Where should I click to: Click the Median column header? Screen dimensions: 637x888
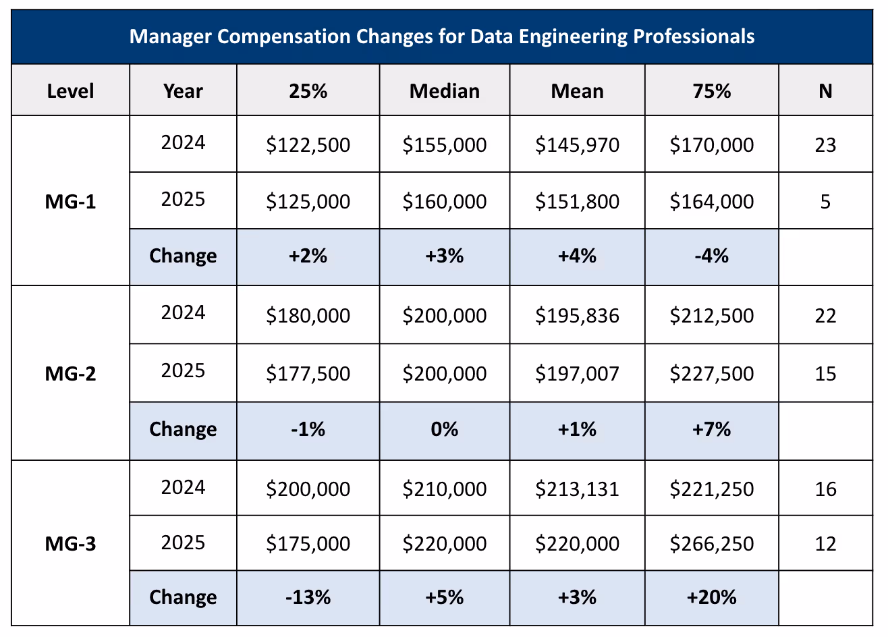tap(444, 91)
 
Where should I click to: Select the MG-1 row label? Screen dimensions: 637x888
tap(70, 202)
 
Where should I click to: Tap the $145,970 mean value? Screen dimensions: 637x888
tap(577, 145)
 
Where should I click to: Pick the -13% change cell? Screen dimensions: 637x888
tap(308, 597)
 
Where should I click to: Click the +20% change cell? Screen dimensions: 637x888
tap(711, 597)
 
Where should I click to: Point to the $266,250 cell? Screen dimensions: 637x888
tap(711, 544)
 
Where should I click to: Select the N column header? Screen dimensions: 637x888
tap(825, 91)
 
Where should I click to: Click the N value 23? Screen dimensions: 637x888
tap(825, 145)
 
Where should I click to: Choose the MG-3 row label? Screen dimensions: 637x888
tap(70, 544)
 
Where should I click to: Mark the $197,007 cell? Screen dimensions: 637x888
tap(577, 374)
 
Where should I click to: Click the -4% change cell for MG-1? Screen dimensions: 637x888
tap(711, 256)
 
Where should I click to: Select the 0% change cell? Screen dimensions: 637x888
tap(444, 429)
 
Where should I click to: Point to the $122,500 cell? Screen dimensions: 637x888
tap(308, 145)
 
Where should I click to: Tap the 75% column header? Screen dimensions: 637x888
tap(711, 91)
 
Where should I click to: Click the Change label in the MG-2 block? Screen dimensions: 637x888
tap(183, 429)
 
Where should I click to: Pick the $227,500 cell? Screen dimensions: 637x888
tap(711, 374)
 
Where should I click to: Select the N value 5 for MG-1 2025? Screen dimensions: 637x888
tap(825, 202)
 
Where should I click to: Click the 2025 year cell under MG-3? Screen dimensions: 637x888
tap(183, 543)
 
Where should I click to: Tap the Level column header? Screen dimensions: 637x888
tap(70, 91)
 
